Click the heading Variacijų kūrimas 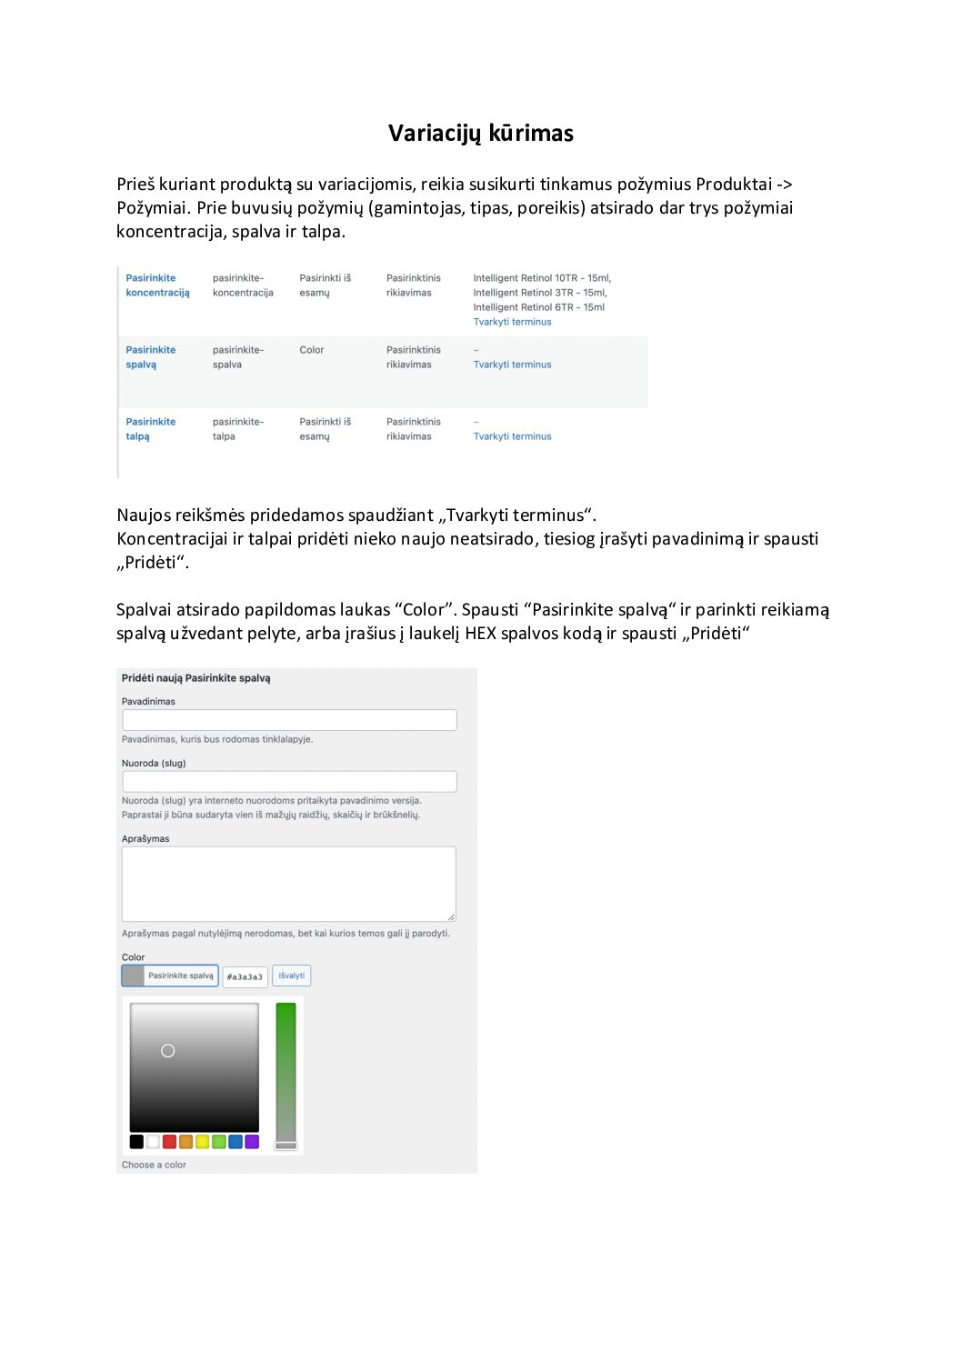pyautogui.click(x=480, y=133)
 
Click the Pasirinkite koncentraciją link pyautogui.click(x=157, y=285)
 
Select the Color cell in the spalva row pyautogui.click(x=312, y=350)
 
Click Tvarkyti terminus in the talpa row pyautogui.click(x=512, y=436)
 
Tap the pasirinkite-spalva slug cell pyautogui.click(x=238, y=357)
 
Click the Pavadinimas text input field pyautogui.click(x=289, y=720)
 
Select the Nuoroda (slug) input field pyautogui.click(x=289, y=781)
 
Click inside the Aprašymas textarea pyautogui.click(x=289, y=884)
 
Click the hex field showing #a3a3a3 pyautogui.click(x=245, y=976)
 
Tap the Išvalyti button pyautogui.click(x=292, y=976)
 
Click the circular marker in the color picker pyautogui.click(x=168, y=1051)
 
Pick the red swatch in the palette pyautogui.click(x=169, y=1142)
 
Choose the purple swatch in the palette pyautogui.click(x=252, y=1142)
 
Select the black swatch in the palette pyautogui.click(x=136, y=1142)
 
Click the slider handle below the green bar pyautogui.click(x=286, y=1146)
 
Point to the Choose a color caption pyautogui.click(x=154, y=1165)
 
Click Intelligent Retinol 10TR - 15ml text pyautogui.click(x=542, y=278)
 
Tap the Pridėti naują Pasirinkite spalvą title pyautogui.click(x=195, y=678)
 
